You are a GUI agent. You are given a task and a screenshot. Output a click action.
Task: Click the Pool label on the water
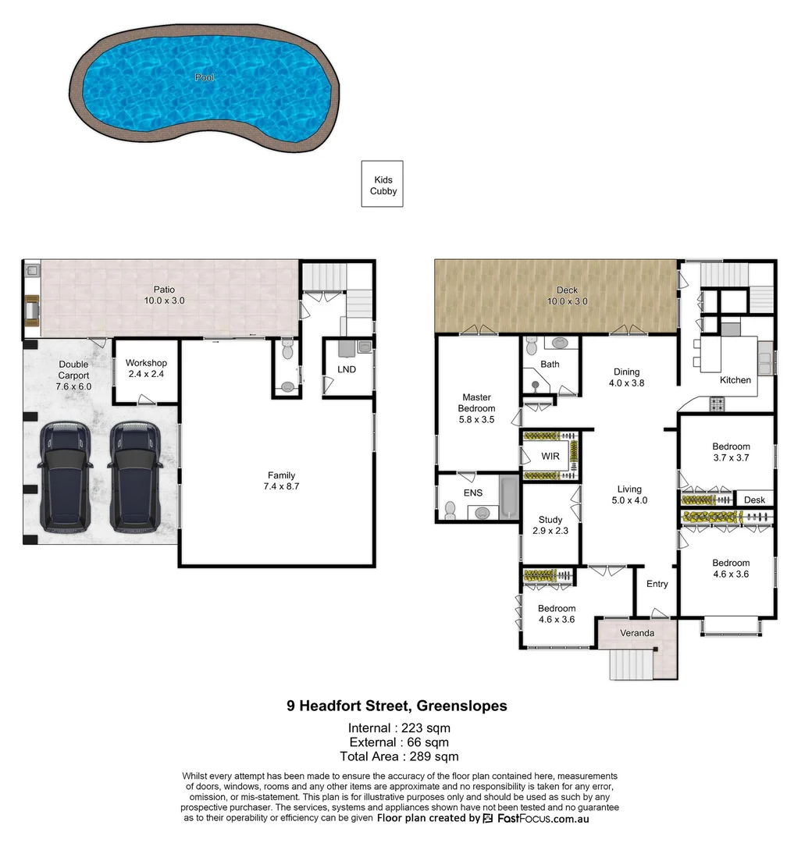[205, 77]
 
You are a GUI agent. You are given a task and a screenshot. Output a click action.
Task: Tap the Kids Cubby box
[383, 185]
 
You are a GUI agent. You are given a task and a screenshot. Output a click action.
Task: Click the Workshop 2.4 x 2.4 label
[146, 368]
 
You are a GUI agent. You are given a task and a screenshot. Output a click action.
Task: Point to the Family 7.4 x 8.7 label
[281, 481]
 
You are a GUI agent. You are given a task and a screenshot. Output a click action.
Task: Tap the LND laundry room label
[347, 369]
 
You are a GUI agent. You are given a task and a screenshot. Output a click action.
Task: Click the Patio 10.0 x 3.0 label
[164, 295]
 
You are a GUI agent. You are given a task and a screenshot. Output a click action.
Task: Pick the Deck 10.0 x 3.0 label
[567, 296]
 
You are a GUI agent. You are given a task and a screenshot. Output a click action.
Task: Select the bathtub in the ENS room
[509, 497]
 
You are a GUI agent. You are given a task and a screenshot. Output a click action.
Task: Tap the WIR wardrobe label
[550, 456]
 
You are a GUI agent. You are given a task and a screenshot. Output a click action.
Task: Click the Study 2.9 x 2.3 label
[550, 525]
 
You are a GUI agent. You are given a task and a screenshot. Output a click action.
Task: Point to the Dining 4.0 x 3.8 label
[626, 378]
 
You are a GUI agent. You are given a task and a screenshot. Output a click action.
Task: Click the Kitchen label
[735, 380]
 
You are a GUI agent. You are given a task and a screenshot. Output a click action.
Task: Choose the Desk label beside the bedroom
[753, 500]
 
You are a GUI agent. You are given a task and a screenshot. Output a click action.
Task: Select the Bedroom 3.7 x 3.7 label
[731, 453]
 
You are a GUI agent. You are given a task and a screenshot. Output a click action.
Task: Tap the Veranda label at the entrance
[637, 633]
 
